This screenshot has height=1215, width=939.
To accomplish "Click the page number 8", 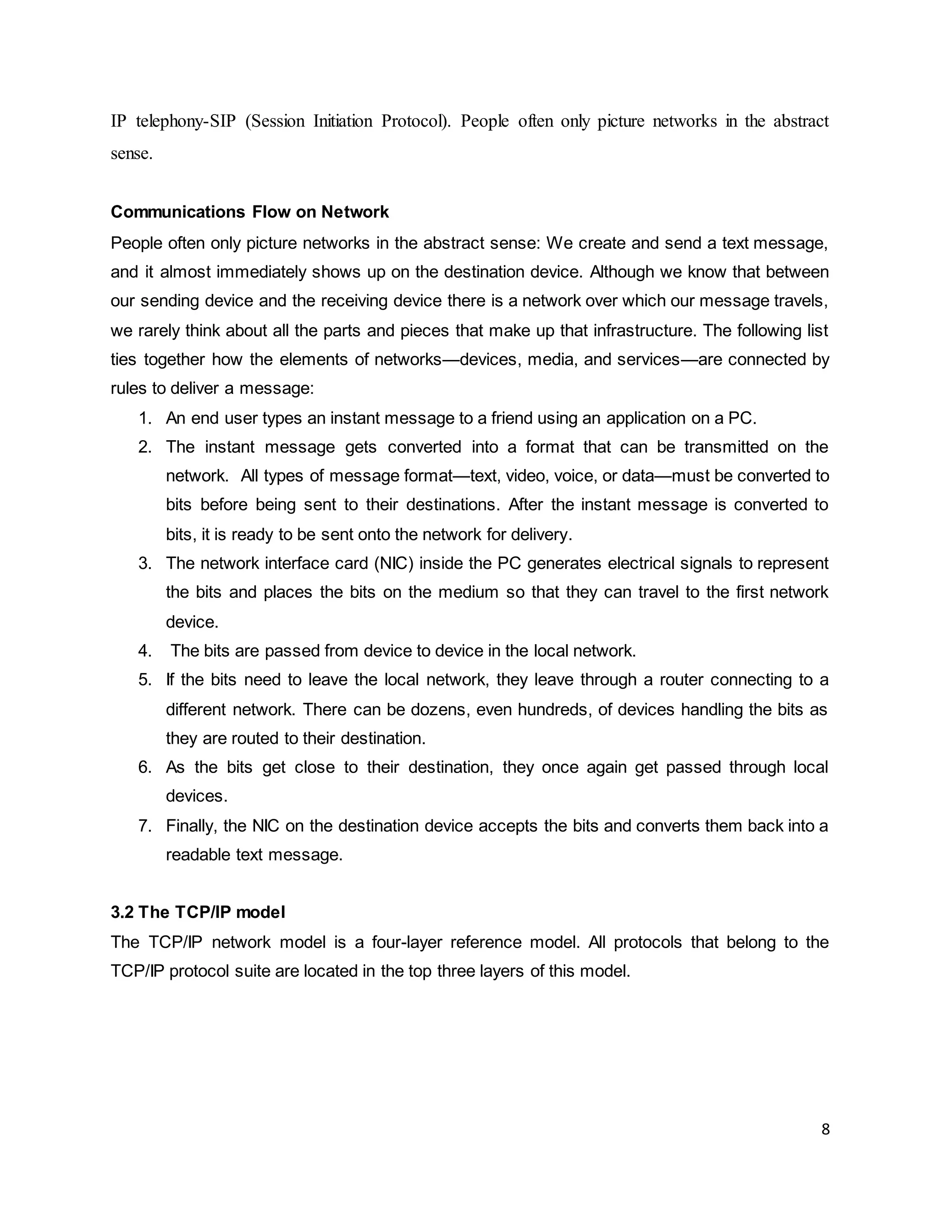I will pos(825,1129).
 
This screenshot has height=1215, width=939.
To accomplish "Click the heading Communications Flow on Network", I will pos(250,212).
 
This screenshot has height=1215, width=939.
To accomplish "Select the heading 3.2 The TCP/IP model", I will pos(198,912).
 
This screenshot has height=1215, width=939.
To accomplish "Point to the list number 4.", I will pos(144,651).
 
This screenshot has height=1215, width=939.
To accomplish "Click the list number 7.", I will pos(144,826).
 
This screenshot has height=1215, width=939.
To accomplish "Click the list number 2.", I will pos(144,447).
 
